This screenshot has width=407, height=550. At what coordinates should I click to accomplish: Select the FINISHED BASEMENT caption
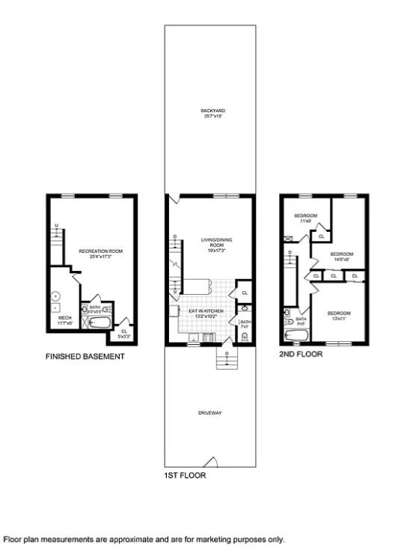(85, 357)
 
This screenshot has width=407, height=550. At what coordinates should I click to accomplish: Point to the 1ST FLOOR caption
(184, 475)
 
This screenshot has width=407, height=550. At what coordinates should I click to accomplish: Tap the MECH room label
(64, 320)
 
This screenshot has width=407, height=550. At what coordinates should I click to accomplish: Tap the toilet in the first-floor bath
(245, 337)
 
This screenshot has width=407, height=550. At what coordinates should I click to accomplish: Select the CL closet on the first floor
(244, 292)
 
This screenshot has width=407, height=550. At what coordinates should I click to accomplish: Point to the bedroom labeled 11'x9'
(305, 219)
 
